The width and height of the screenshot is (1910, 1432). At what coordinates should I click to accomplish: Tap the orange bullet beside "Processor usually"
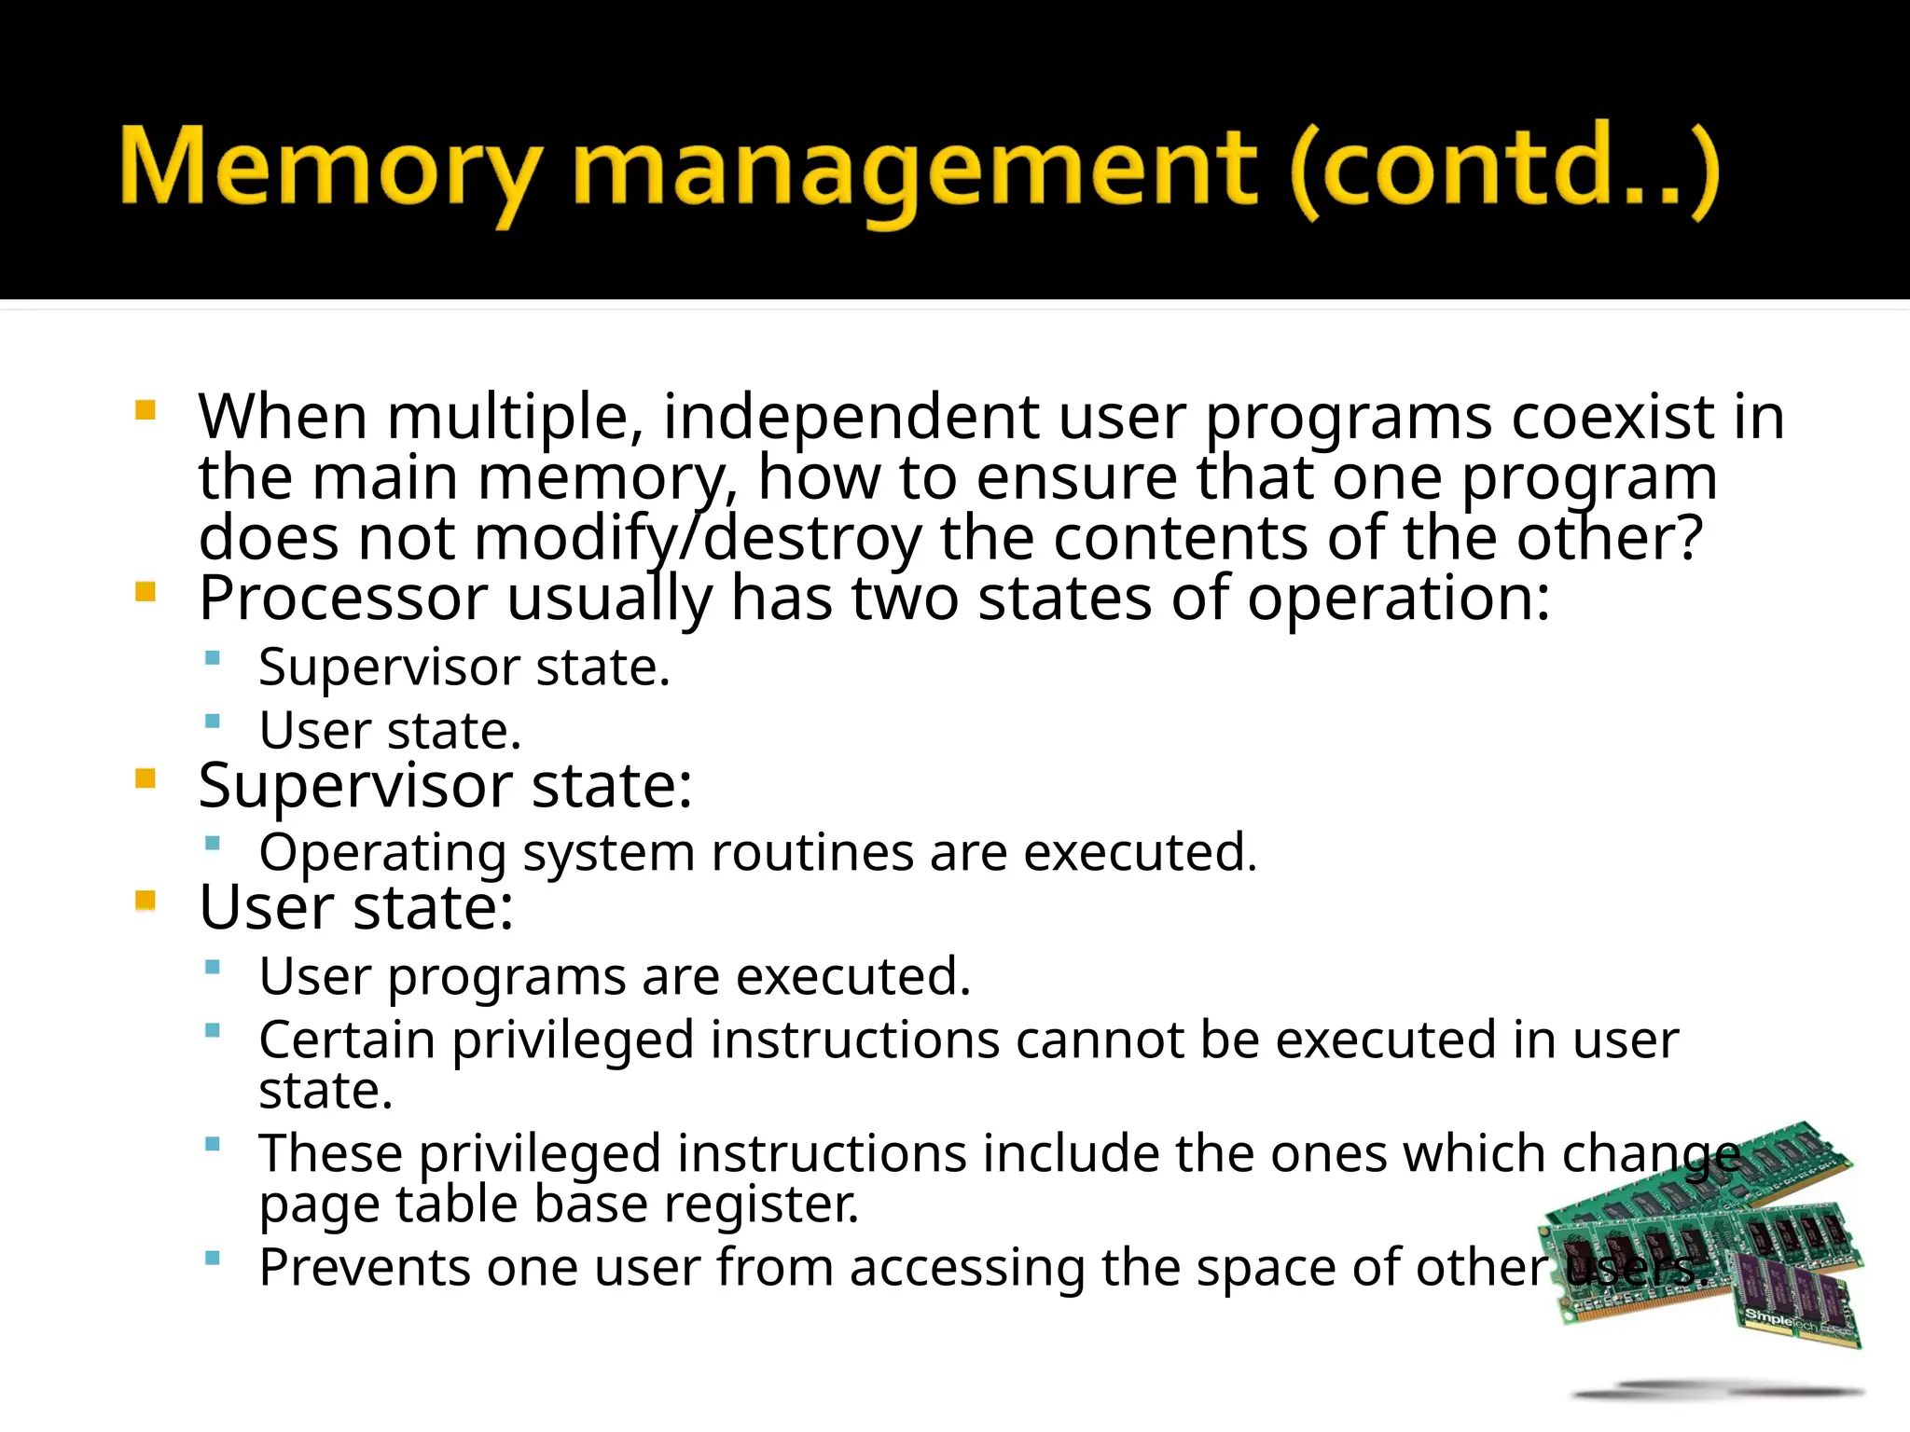(x=145, y=592)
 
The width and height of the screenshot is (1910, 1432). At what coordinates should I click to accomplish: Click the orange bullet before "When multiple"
(x=145, y=410)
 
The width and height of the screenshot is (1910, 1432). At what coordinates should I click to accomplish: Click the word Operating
(x=382, y=853)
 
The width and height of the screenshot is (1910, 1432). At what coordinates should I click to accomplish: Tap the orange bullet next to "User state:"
(x=145, y=901)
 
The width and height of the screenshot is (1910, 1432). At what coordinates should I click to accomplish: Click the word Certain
(x=347, y=1040)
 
